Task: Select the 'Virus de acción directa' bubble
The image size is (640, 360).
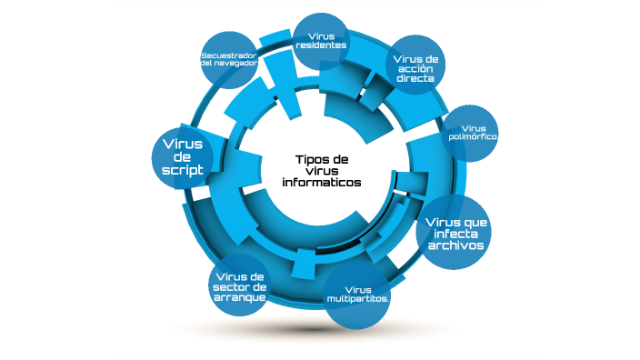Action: [x=416, y=65]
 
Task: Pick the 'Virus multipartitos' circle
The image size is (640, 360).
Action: [x=357, y=295]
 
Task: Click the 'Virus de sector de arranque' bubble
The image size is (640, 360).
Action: [x=239, y=286]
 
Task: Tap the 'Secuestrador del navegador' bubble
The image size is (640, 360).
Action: [x=230, y=60]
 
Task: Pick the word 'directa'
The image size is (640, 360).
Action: [x=415, y=79]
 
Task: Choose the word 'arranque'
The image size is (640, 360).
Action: [x=239, y=298]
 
